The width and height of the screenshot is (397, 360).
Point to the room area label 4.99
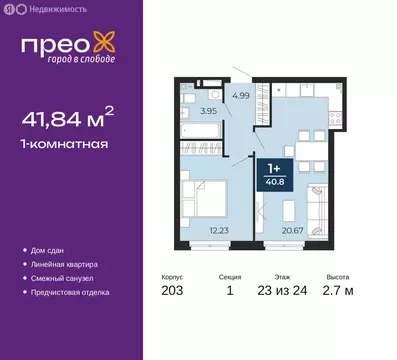(x=240, y=96)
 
